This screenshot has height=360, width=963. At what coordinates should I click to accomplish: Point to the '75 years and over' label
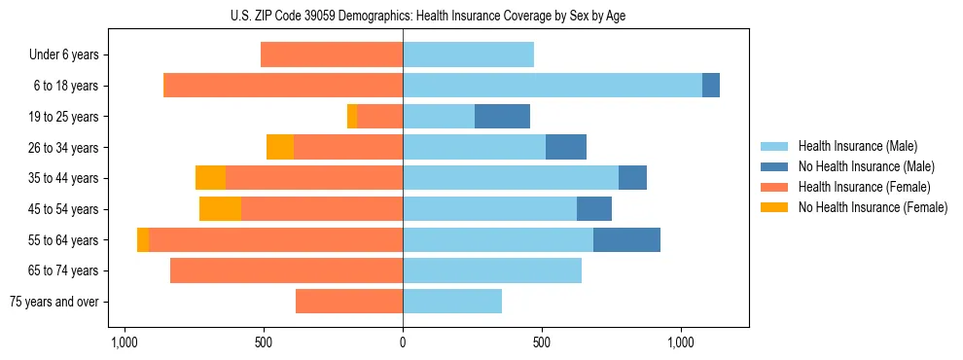(x=53, y=302)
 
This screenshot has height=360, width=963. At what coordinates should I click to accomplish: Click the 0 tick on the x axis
(x=403, y=343)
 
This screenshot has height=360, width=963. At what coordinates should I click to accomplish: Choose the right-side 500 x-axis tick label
(x=542, y=343)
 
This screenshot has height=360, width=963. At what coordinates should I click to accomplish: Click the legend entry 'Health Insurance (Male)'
(x=857, y=146)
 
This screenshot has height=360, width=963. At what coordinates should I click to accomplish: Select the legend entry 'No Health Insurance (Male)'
(x=866, y=166)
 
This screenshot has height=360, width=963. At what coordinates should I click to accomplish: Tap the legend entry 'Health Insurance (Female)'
(x=864, y=187)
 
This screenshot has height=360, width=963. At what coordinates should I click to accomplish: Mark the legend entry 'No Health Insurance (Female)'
(x=873, y=207)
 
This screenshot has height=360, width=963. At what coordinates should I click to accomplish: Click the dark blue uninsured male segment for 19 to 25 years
(x=502, y=117)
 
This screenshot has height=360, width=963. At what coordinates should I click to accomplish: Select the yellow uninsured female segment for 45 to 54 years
(x=220, y=209)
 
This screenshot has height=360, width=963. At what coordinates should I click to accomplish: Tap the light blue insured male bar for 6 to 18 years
(x=552, y=86)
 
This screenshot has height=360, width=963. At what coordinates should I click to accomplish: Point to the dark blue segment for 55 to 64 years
(x=626, y=240)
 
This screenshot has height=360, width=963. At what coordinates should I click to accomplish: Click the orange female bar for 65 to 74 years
(x=286, y=270)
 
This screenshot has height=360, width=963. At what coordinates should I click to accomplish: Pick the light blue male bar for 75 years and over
(x=452, y=302)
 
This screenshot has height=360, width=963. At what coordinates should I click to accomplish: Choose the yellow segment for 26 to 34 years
(x=280, y=147)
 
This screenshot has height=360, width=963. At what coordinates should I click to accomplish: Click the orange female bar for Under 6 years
(x=332, y=54)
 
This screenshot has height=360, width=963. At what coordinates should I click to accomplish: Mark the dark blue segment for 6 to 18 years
(x=711, y=86)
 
